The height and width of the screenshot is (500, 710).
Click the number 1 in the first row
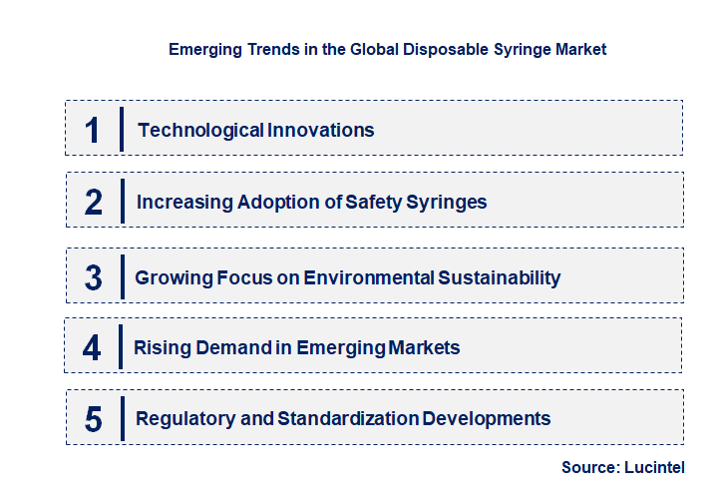coord(93,130)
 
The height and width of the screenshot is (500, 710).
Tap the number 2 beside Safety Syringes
coord(94,203)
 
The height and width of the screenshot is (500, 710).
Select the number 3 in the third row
coord(94,277)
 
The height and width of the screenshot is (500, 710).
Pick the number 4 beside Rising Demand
coord(93,348)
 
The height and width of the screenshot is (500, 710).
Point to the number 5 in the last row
coord(94,419)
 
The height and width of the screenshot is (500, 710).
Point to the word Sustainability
coord(499,277)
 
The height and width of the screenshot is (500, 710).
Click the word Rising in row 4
coord(161,348)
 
